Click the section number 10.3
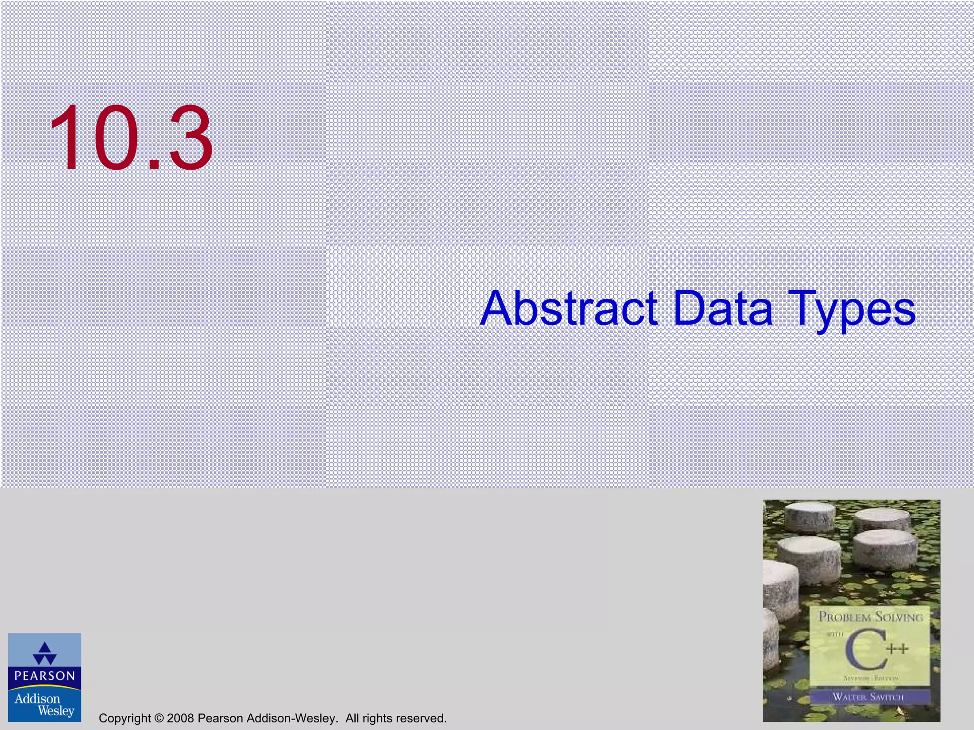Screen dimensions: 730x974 131,138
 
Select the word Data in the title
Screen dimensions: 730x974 723,309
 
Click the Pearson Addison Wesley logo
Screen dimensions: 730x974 45,677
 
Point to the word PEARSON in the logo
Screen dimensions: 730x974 45,676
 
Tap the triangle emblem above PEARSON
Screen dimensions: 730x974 45,653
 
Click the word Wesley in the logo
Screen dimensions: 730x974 56,711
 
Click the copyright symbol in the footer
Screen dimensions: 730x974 159,718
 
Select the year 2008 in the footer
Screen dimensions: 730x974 180,718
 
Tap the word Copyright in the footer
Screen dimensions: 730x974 125,718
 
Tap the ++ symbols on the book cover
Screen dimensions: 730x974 897,649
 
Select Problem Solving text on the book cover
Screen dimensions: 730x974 870,617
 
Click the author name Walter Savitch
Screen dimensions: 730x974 868,697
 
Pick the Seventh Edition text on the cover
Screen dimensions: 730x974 870,679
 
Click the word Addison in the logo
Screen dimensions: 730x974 37,699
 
